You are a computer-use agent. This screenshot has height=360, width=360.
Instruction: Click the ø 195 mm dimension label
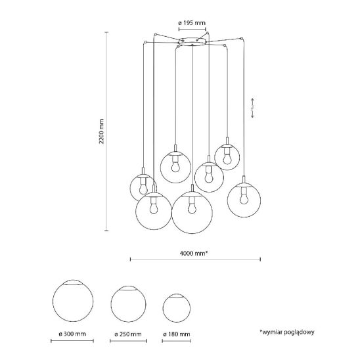[x=192, y=23]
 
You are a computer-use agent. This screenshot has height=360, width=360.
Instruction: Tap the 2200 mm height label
[x=101, y=131]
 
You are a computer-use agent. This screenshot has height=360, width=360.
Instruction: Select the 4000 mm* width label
[x=194, y=253]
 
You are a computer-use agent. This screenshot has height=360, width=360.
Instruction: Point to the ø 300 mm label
[x=72, y=334]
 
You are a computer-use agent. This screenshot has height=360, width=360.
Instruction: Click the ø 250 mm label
[x=128, y=334]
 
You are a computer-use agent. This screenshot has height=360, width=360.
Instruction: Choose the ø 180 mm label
[x=177, y=334]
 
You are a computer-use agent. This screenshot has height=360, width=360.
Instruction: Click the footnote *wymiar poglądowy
[x=287, y=332]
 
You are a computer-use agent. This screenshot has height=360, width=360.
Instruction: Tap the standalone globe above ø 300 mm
[x=73, y=300]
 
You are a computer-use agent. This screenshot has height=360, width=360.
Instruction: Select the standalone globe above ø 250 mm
[x=128, y=304]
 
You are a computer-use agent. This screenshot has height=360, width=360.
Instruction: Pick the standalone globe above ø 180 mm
[x=177, y=308]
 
